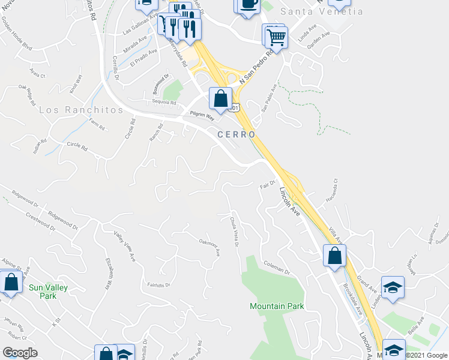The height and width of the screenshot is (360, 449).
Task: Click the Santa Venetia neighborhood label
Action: [x=325, y=11]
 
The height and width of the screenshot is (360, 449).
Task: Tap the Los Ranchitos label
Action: [x=81, y=110]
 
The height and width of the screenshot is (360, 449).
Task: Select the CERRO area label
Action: [x=237, y=134]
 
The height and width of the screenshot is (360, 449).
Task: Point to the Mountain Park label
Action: [x=277, y=307]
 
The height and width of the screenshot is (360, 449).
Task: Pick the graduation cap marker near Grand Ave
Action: [x=393, y=288]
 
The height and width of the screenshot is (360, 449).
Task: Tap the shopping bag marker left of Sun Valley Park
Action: [x=11, y=282]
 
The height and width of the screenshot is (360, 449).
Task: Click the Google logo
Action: [x=20, y=353]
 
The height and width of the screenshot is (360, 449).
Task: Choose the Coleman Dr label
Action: [x=278, y=266]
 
